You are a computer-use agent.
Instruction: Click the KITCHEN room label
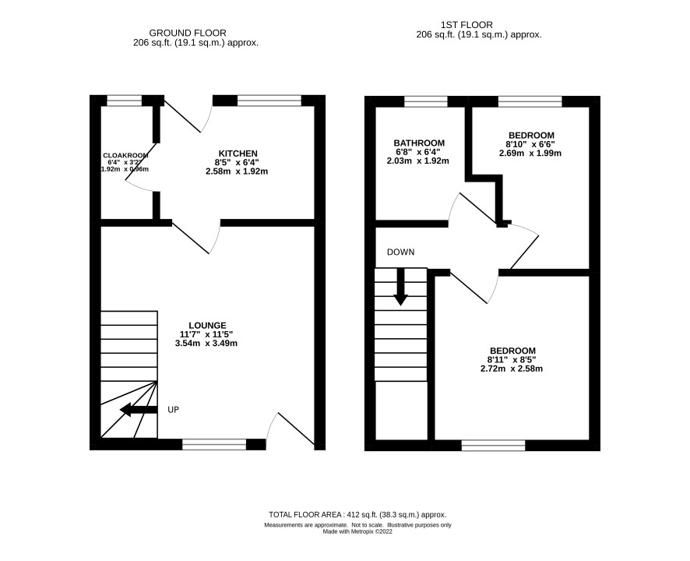pos(238,153)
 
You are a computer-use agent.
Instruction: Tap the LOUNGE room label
pos(207,326)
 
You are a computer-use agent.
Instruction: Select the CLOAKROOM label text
pos(125,155)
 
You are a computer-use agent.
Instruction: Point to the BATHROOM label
pos(419,143)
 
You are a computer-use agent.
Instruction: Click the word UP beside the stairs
pos(174,410)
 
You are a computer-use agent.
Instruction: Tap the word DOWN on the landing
pos(400,252)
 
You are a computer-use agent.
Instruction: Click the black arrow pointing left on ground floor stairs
pos(139,410)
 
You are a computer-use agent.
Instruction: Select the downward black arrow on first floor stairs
pos(400,287)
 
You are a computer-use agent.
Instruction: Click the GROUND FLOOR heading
pos(188,33)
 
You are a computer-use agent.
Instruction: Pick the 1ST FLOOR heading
pos(466,25)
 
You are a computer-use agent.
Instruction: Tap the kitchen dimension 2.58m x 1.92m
pos(237,171)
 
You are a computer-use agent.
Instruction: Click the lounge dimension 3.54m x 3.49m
pos(206,343)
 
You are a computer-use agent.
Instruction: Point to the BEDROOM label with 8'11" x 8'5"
pos(513,351)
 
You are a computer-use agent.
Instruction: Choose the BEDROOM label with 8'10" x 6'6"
pos(531,136)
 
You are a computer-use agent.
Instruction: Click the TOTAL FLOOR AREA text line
pos(357,514)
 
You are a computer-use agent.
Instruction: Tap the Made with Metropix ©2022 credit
pos(357,531)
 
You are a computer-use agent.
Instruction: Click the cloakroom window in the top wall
pos(125,101)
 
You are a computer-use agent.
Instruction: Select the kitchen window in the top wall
pos(269,101)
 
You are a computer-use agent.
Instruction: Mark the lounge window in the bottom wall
pos(214,444)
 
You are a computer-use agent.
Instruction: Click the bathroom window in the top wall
pos(426,101)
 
